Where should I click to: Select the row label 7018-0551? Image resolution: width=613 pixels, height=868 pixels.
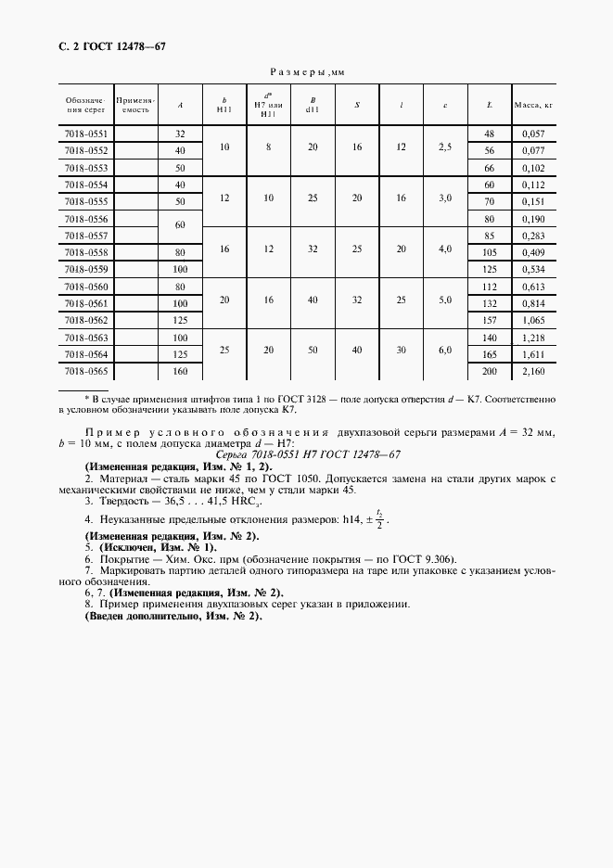(x=86, y=134)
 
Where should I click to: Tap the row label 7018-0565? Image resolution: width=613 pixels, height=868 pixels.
(x=86, y=372)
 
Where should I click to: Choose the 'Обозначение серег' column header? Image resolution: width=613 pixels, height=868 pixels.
(x=86, y=105)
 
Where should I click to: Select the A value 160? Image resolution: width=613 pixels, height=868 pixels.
(x=181, y=372)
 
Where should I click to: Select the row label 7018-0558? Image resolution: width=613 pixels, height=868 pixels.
(x=86, y=251)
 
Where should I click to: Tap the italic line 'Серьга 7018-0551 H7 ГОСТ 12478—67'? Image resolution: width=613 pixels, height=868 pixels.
(x=307, y=453)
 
